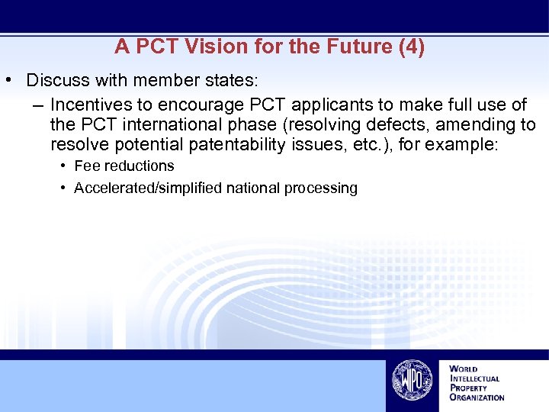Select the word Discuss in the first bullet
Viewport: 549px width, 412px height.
point(56,80)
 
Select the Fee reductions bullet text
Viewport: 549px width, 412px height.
point(124,166)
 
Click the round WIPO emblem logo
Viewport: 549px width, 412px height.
point(413,379)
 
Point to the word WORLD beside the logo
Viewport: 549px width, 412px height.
point(464,369)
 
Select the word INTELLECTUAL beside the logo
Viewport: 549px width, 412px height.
point(475,378)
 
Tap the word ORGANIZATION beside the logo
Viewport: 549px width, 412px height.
point(477,397)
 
